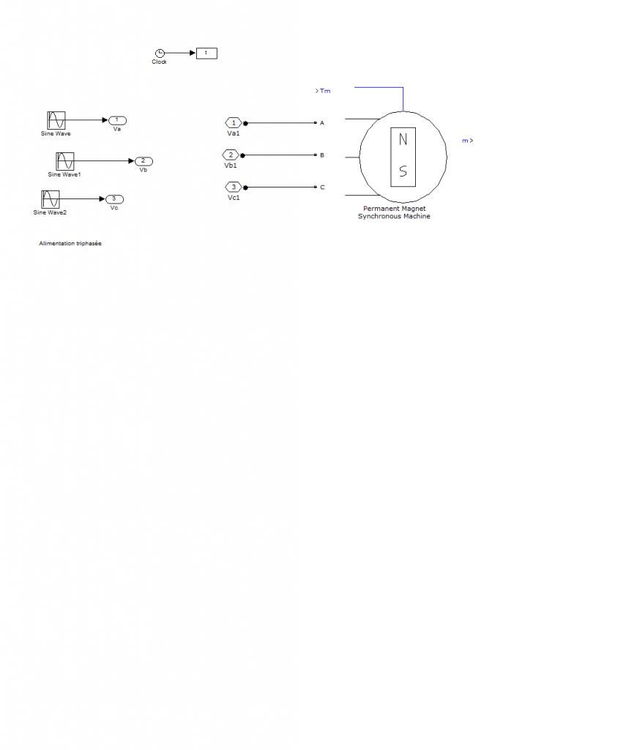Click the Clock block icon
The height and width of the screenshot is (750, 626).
pos(160,53)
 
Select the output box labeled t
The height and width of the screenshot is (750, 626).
pos(206,53)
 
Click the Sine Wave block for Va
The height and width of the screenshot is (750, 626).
pos(56,120)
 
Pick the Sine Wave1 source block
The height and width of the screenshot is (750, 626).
pos(65,161)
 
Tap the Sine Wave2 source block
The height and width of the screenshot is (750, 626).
pos(51,198)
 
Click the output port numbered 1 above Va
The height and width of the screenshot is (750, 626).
pos(117,120)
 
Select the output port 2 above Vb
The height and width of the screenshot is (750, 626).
pos(144,161)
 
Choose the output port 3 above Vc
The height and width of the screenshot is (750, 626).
pos(114,198)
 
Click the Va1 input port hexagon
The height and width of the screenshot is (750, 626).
pos(233,123)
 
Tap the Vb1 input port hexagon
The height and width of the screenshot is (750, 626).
pos(231,155)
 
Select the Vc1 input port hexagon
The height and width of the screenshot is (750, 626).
pos(233,187)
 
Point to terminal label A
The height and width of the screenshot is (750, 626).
pos(322,123)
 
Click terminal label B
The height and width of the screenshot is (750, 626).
pos(322,155)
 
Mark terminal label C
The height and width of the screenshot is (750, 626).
pos(322,187)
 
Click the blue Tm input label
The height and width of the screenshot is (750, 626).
pos(324,91)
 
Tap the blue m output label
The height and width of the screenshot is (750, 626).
pos(466,141)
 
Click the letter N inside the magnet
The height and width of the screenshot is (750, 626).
pos(403,140)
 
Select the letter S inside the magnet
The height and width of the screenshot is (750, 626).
pos(403,172)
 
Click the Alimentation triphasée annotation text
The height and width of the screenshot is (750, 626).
pos(70,243)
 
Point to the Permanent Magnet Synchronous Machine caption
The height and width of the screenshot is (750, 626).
pos(394,212)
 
